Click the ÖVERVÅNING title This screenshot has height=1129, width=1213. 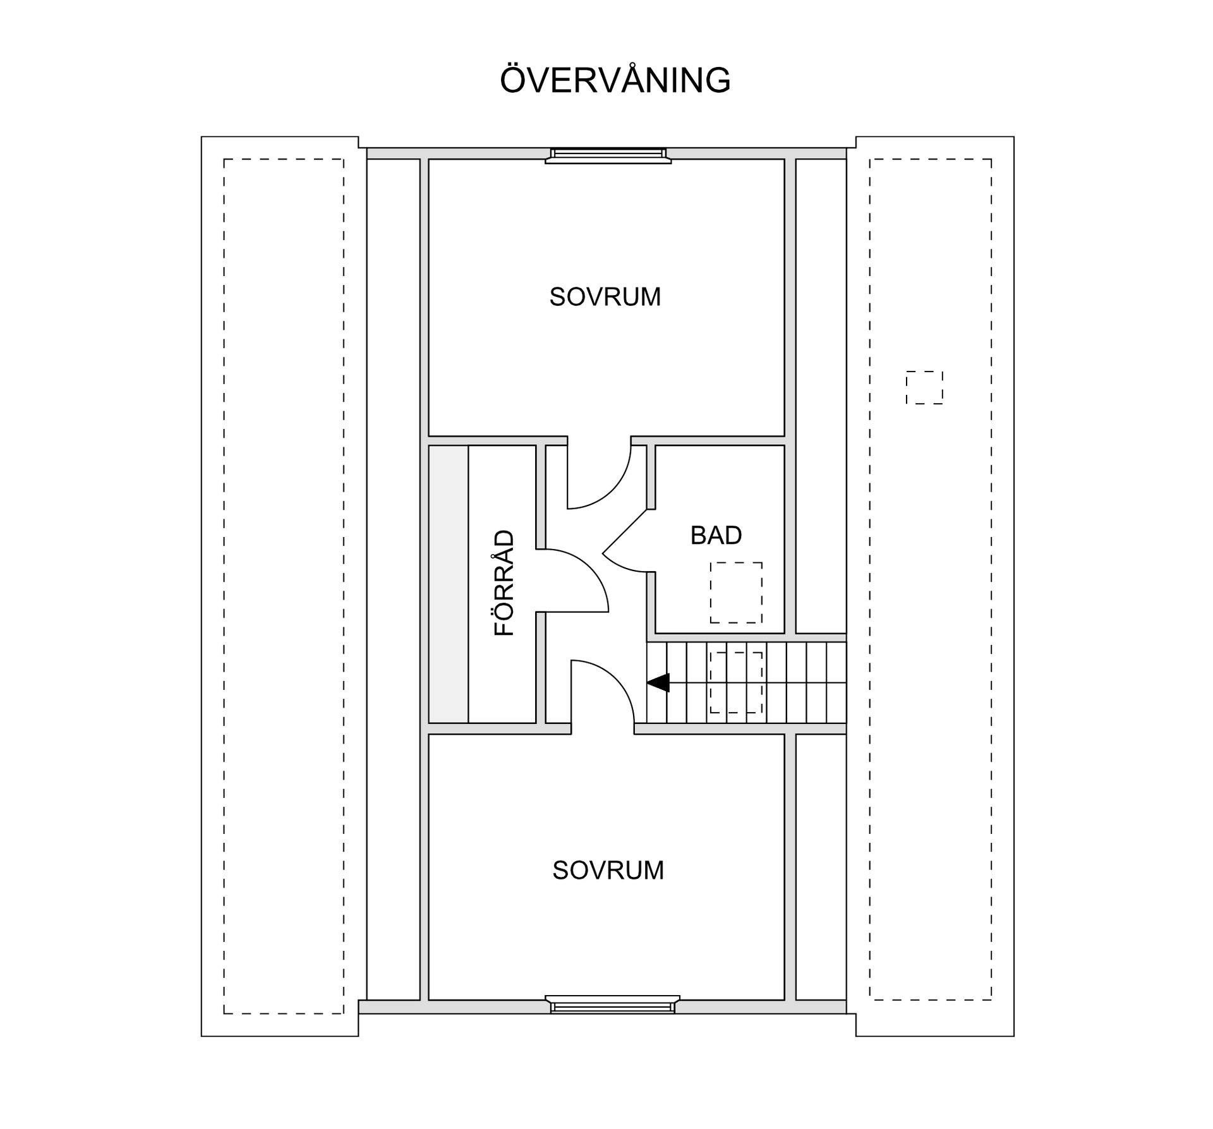tap(615, 80)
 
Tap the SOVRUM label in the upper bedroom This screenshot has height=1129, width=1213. tap(605, 297)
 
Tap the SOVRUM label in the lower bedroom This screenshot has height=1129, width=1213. tap(608, 871)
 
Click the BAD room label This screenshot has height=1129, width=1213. tap(715, 536)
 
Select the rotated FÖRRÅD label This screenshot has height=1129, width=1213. tap(504, 583)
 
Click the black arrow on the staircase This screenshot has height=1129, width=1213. tap(658, 682)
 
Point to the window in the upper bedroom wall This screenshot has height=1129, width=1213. tap(608, 155)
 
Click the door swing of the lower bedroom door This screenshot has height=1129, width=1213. tap(601, 692)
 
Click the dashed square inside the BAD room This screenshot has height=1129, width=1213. tap(735, 592)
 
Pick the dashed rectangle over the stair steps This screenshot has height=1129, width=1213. tap(735, 682)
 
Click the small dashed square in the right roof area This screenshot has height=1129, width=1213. tap(924, 387)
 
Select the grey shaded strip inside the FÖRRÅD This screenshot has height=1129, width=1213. tap(448, 584)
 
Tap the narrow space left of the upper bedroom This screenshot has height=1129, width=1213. tap(393, 297)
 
